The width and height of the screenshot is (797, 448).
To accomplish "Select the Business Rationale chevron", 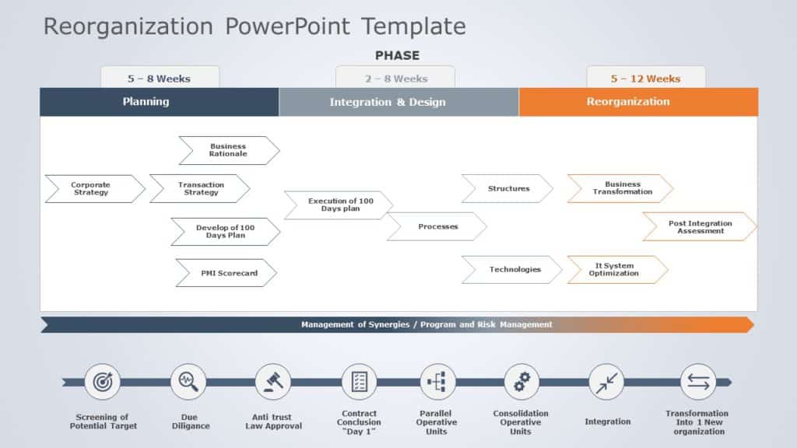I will coord(228,150).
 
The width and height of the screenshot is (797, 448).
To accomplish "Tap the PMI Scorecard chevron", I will coord(226,273).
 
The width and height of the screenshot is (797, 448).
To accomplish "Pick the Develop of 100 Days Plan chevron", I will coord(225,232).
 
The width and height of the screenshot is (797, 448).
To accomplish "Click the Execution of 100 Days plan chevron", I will coord(339,205).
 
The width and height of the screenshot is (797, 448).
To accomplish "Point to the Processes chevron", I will coord(437,226).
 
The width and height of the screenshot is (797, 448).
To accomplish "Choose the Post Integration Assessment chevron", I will coord(699,226).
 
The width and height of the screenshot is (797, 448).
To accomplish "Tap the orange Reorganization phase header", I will coord(638,102).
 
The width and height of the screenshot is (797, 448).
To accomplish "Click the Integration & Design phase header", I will coord(398,102).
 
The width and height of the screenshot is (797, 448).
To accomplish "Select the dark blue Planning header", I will coord(159,102).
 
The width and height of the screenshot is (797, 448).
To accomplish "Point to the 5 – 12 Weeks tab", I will coord(645,78).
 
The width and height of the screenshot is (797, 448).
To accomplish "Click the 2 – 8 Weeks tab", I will coord(395,78).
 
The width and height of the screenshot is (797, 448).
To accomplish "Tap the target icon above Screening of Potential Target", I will coord(103,382).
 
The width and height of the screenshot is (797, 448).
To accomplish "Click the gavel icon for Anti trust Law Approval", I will coord(272,382).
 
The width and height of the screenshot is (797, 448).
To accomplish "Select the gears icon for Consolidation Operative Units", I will coord(521,382).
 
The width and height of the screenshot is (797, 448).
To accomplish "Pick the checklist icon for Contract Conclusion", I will coord(359,382).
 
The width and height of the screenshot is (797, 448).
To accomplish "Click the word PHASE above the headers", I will coord(397,55).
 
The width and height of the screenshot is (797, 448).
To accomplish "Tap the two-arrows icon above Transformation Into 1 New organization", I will coord(697,382).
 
